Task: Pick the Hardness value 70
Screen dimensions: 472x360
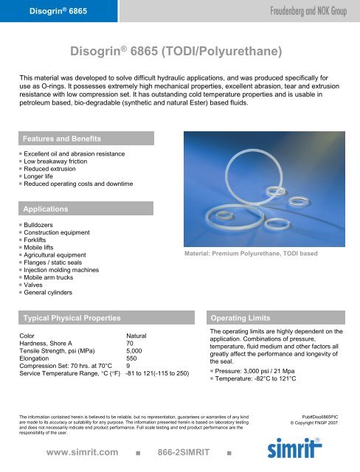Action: point(130,343)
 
